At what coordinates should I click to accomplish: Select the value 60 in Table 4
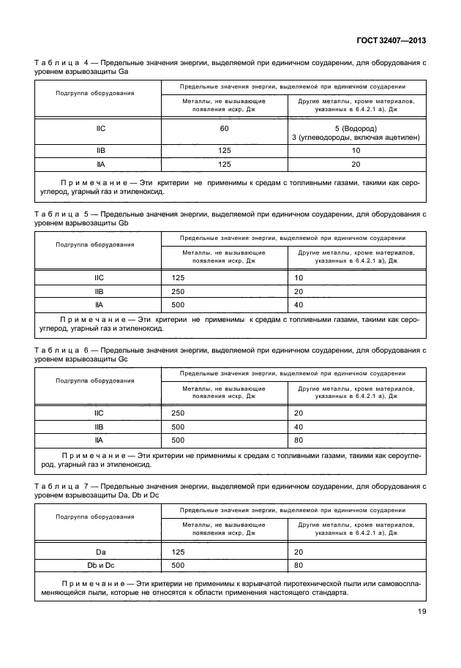224,129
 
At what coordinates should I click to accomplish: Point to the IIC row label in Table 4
101,129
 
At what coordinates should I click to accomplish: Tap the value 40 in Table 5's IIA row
299,304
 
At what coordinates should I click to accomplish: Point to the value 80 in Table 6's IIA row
299,440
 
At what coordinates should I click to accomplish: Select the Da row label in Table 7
101,551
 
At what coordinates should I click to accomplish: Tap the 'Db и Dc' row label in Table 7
101,564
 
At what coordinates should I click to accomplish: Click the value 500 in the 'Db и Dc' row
178,564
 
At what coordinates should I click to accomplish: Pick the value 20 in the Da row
299,551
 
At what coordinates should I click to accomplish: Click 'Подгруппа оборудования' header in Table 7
95,517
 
